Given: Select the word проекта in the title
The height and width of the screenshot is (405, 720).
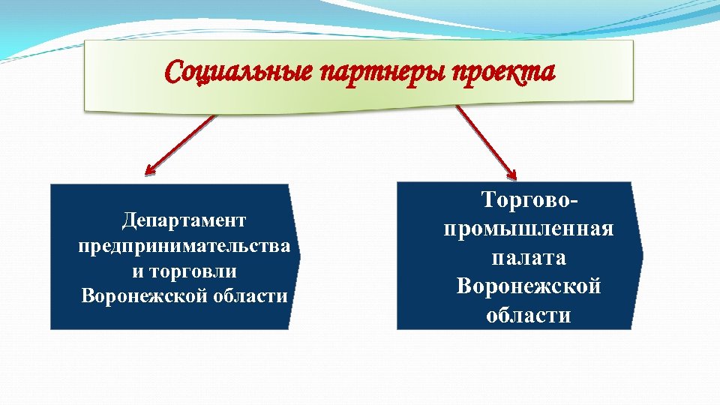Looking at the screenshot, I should point(505,73).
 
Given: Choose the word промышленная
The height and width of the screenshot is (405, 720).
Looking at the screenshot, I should point(528,229).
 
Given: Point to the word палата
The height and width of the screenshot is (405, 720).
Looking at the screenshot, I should point(528,257).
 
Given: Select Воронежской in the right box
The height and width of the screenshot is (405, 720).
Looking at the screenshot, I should point(528,286).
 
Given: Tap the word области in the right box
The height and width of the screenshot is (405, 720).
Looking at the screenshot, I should point(528,315).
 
